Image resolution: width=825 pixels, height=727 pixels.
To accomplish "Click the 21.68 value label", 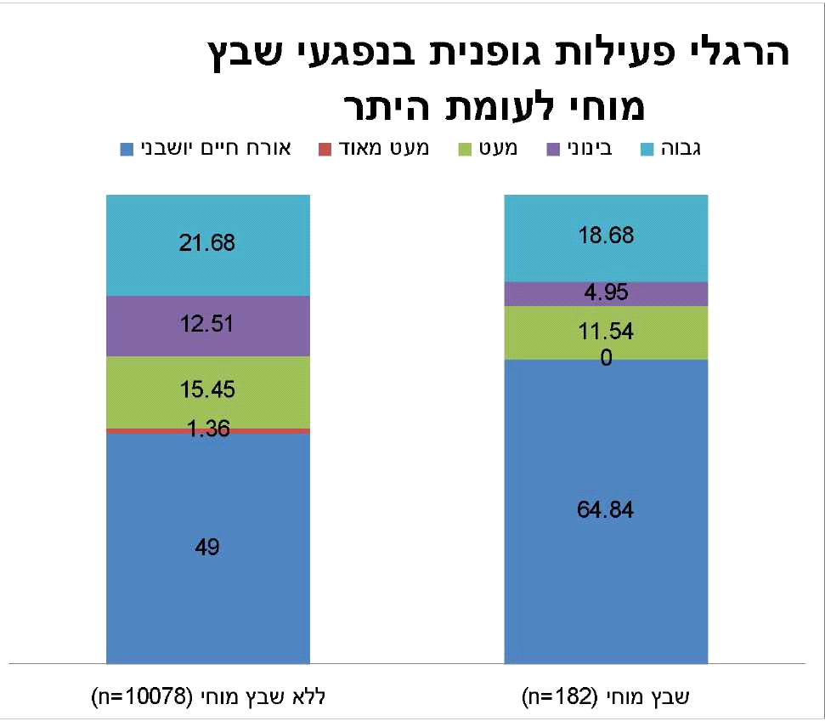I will click(x=207, y=243).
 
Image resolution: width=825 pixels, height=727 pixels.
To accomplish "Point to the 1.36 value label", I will click(x=207, y=429).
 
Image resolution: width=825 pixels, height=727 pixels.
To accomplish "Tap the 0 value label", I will click(x=606, y=359).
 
